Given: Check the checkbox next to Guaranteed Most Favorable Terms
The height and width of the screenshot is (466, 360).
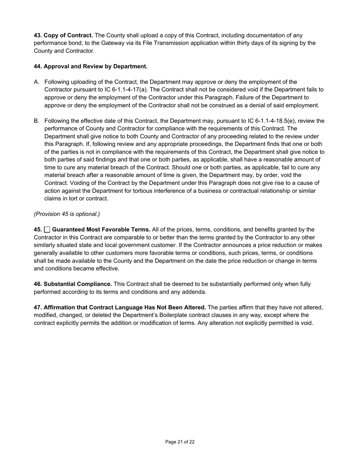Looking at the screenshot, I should [47, 230].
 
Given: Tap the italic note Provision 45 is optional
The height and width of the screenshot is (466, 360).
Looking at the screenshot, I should [67, 214].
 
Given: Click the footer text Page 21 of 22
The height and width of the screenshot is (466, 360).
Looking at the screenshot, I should [180, 442].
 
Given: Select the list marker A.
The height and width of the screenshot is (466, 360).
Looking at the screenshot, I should [36, 82].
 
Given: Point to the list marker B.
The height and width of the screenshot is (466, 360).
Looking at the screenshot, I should [36, 121].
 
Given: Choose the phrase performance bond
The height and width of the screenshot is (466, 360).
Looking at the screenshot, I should [52, 43].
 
